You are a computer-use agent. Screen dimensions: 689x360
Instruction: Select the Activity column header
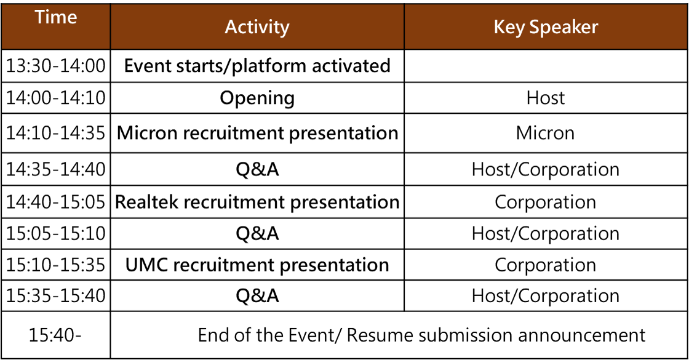pyautogui.click(x=257, y=27)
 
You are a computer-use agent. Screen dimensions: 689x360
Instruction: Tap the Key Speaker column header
pyautogui.click(x=546, y=27)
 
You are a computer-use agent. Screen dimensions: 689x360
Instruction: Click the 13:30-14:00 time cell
pyautogui.click(x=56, y=66)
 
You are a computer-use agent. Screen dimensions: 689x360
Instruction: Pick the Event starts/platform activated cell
pyautogui.click(x=257, y=66)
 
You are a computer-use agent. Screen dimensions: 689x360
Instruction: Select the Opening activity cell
pyautogui.click(x=257, y=98)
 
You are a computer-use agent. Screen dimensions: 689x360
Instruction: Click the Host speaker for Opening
pyautogui.click(x=546, y=98)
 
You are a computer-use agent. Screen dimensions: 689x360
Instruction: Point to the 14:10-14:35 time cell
pyautogui.click(x=56, y=133)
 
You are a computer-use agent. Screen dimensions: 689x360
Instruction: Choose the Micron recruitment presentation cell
pyautogui.click(x=257, y=133)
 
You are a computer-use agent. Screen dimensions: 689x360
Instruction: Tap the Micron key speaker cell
pyautogui.click(x=545, y=133)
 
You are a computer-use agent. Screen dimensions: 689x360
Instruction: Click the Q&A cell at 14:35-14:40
pyautogui.click(x=257, y=169)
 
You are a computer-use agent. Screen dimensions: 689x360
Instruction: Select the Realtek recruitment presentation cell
pyautogui.click(x=257, y=202)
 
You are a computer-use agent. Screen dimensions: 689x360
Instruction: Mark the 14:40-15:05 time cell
pyautogui.click(x=56, y=202)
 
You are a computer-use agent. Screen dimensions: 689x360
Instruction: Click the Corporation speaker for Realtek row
pyautogui.click(x=545, y=202)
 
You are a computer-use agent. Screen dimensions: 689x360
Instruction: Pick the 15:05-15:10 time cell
pyautogui.click(x=56, y=233)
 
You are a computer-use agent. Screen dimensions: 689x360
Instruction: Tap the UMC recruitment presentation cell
pyautogui.click(x=257, y=265)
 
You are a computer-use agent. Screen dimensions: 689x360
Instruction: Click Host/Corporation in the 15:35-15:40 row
pyautogui.click(x=545, y=296)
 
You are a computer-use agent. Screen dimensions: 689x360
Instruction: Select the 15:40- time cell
pyautogui.click(x=55, y=335)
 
